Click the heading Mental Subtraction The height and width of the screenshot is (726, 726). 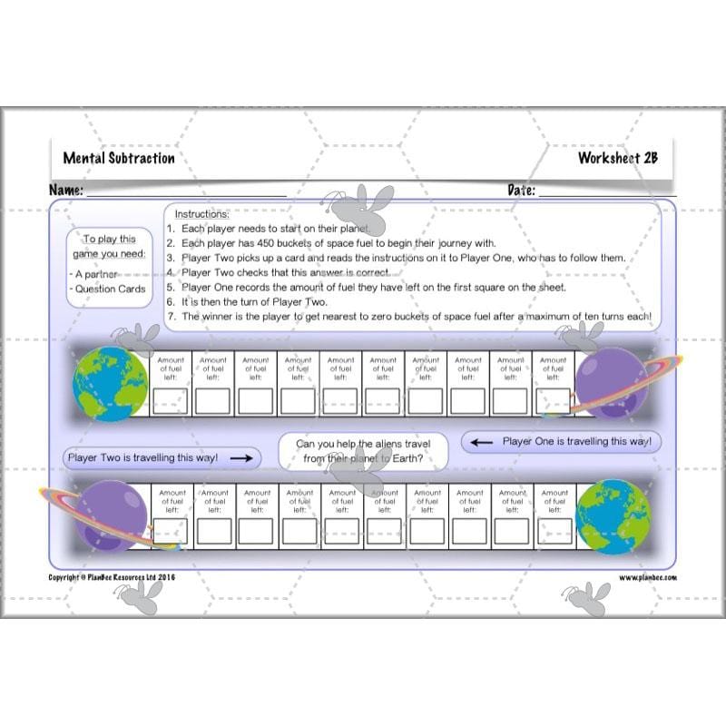[119, 158]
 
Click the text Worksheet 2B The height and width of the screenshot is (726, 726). [617, 158]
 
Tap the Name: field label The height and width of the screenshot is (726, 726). [66, 191]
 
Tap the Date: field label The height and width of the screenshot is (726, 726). [521, 191]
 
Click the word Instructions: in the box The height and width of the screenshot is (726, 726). [201, 214]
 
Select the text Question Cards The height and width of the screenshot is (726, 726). [111, 289]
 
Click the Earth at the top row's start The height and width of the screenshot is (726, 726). [110, 381]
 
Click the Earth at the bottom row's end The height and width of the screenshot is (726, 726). [613, 516]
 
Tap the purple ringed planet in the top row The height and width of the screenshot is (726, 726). [611, 381]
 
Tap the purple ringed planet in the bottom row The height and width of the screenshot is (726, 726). [111, 516]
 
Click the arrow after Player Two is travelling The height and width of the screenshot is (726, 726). [240, 458]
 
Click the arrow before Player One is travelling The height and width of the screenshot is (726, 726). [482, 442]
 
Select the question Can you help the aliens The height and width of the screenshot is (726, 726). [369, 451]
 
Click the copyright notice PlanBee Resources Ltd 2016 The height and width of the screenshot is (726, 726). [111, 577]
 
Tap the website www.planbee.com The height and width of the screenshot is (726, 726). [648, 577]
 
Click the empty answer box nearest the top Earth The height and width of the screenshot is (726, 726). [171, 400]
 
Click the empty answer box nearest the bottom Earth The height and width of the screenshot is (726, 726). [554, 531]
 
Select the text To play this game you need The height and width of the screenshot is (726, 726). [109, 247]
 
